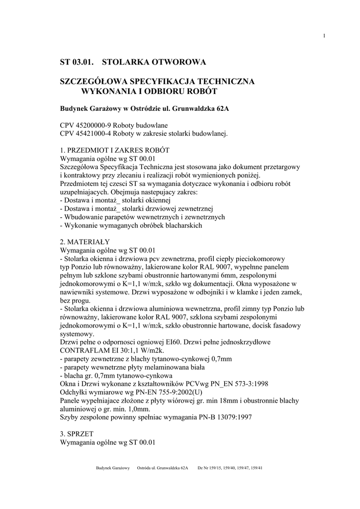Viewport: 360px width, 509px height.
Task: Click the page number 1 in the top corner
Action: (x=324, y=35)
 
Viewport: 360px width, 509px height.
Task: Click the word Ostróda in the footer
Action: (x=147, y=468)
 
